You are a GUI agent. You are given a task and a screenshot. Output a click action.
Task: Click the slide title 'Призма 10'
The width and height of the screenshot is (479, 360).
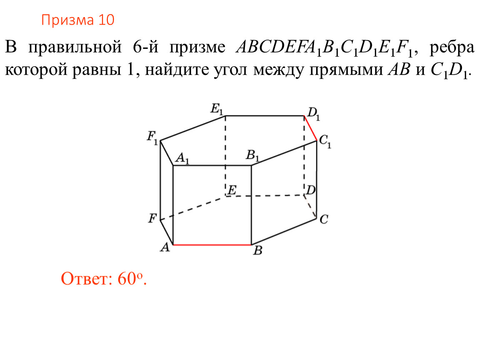pos(77,20)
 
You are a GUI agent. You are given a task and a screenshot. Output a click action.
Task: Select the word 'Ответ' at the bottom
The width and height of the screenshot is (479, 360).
pos(85,279)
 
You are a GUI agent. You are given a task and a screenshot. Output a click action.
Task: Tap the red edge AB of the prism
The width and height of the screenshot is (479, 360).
pos(212,245)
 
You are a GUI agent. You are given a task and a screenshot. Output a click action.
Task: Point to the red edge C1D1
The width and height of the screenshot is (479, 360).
pos(310,128)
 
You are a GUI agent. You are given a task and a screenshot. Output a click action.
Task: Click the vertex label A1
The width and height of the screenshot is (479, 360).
pos(182,159)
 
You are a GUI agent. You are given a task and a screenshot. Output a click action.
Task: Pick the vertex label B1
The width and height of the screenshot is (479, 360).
pos(252,155)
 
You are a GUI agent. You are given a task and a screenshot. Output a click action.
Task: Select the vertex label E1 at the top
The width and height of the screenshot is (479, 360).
pos(217,109)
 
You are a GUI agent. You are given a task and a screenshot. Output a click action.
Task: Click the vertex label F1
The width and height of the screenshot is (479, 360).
pos(152,137)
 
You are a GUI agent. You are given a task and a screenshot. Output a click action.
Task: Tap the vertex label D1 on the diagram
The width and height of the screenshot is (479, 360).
pos(314,114)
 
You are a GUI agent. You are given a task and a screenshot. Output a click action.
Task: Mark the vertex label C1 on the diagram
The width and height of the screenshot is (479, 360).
pos(325,142)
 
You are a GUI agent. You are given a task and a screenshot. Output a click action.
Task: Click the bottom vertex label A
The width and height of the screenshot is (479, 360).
pos(165,247)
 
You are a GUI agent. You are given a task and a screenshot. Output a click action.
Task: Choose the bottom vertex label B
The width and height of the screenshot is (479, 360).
pos(258,250)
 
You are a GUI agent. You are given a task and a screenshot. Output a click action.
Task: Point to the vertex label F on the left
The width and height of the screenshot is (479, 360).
pos(152,218)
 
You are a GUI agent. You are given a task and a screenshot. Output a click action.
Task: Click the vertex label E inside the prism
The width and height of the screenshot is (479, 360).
pos(232,190)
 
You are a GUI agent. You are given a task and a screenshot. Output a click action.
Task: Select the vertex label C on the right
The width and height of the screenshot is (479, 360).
pos(324,220)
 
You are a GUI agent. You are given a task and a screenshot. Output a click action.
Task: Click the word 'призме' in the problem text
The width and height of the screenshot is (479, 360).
pos(197,47)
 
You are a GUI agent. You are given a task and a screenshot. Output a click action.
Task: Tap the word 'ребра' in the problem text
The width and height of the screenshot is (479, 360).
pos(452,47)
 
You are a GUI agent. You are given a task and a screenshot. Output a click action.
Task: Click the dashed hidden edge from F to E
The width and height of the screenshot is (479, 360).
pos(193,208)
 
